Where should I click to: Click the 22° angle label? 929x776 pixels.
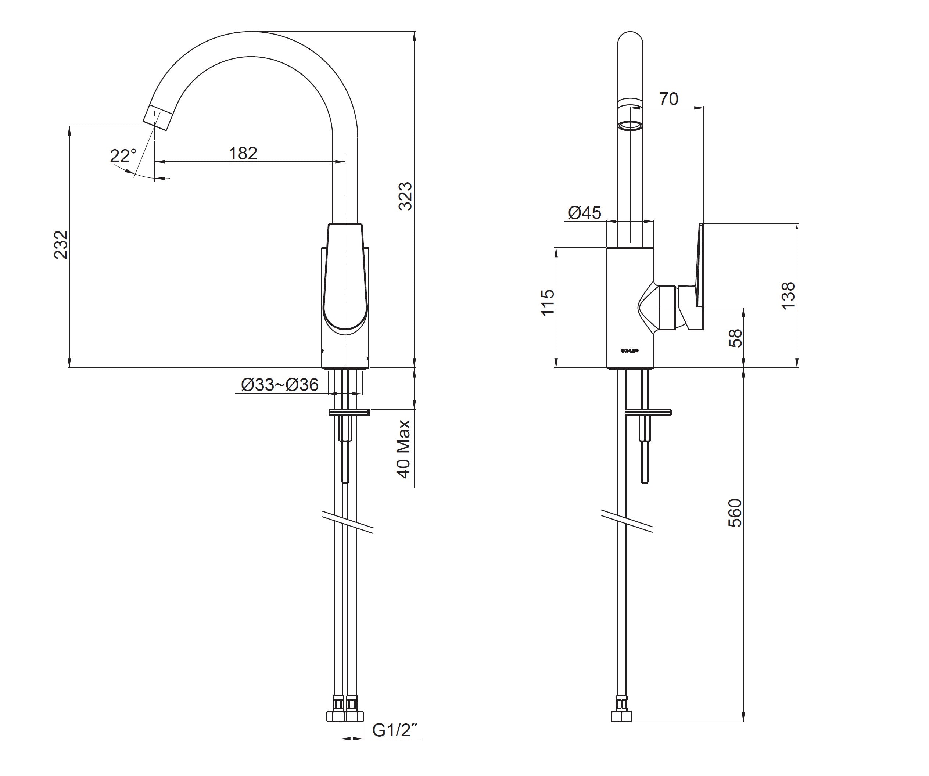point(123,156)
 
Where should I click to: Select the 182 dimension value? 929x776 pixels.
point(243,154)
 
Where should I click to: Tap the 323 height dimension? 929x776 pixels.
point(405,196)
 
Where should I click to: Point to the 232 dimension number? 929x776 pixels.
point(61,245)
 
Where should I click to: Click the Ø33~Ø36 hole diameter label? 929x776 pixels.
point(280,384)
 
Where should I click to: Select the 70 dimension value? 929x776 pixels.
point(668,99)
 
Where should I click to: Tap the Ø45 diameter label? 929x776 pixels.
point(584,213)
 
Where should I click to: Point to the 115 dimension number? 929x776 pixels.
point(548,303)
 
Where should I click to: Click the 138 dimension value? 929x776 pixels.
point(788,295)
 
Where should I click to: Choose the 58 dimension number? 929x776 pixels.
point(735,338)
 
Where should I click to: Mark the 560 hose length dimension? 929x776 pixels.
point(735,513)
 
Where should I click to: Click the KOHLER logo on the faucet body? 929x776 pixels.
point(630,351)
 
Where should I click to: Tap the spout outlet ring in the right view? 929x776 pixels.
point(630,126)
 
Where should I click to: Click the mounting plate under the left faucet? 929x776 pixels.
point(349,412)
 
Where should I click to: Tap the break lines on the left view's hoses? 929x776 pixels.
point(348,522)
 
